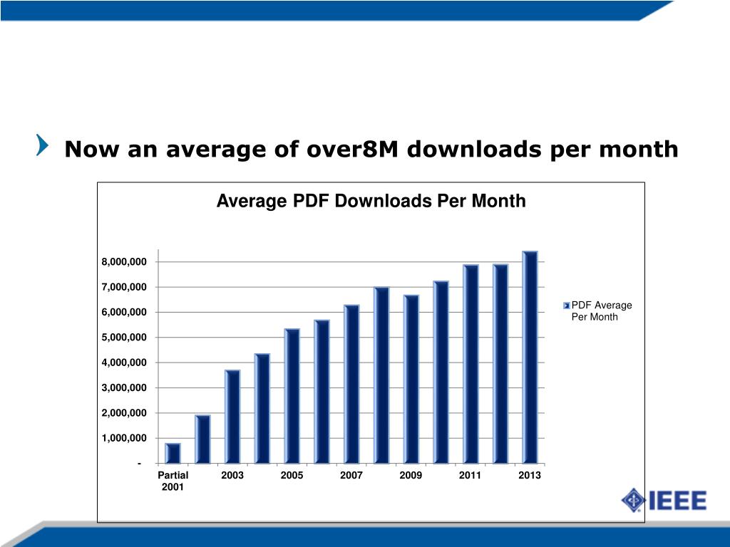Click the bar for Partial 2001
pos(173,453)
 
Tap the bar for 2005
pos(292,396)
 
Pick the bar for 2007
pos(351,384)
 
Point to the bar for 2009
pos(411,379)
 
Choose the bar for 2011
pos(471,364)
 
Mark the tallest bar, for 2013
pos(530,357)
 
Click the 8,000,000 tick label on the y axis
pos(124,262)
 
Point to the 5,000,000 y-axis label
pos(124,337)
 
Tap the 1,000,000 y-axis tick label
pos(124,438)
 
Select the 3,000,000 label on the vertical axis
pos(124,387)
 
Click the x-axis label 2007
pos(351,475)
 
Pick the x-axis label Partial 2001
pos(173,481)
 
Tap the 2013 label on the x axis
pos(530,475)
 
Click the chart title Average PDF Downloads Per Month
pos(371,202)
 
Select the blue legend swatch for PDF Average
pos(566,306)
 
